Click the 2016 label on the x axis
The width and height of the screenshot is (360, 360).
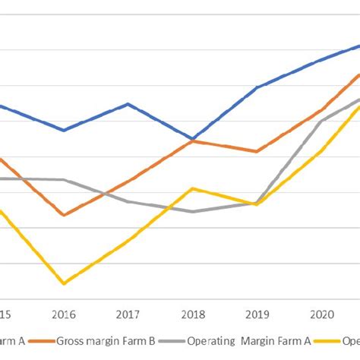[x=64, y=314]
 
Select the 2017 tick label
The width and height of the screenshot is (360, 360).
[x=128, y=314]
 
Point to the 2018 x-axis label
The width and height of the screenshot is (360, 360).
[x=193, y=314]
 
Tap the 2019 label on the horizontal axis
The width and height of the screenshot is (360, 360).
[x=257, y=314]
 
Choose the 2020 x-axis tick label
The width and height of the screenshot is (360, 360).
[x=322, y=314]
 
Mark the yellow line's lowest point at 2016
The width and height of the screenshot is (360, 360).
[x=64, y=284]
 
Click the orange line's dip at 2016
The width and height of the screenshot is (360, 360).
[x=64, y=215]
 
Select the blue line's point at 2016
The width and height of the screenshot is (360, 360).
[x=64, y=131]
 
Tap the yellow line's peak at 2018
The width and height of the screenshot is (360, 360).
[x=193, y=188]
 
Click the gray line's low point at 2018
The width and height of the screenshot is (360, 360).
[x=193, y=211]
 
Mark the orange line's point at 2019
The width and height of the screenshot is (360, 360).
[x=257, y=151]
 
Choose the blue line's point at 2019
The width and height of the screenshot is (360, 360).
[x=257, y=88]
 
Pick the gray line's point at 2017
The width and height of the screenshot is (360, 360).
[x=128, y=201]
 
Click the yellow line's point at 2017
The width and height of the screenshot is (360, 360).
[x=128, y=239]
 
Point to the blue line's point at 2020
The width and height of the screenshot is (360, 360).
[x=322, y=58]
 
